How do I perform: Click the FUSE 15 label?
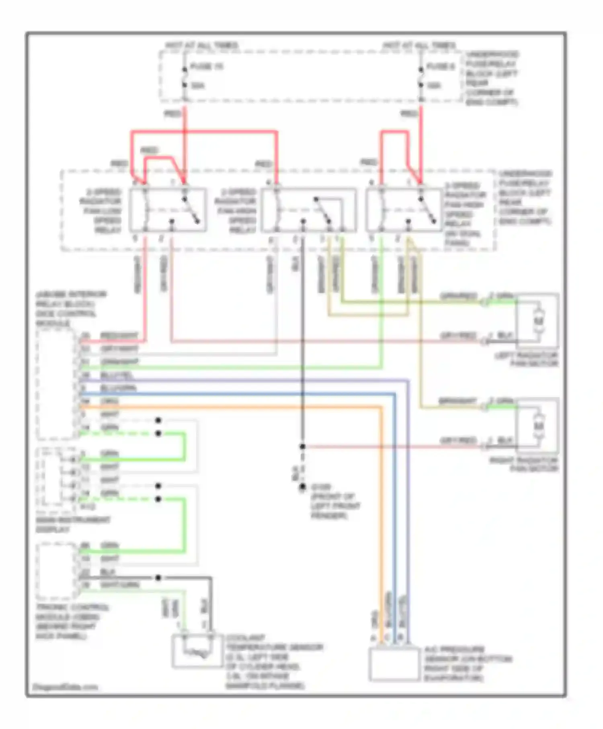pyautogui.click(x=206, y=67)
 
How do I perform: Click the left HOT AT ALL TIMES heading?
pyautogui.click(x=202, y=45)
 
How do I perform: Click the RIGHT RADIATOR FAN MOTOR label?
pyautogui.click(x=524, y=465)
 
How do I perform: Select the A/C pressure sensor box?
pyautogui.click(x=394, y=664)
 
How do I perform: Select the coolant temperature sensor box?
pyautogui.click(x=197, y=651)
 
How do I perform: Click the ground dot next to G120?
pyautogui.click(x=302, y=487)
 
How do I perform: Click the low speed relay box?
pyautogui.click(x=168, y=209)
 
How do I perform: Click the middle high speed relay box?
pyautogui.click(x=308, y=210)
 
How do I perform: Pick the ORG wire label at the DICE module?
pyautogui.click(x=109, y=401)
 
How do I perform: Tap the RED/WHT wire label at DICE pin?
pyautogui.click(x=119, y=335)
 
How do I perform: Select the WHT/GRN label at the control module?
pyautogui.click(x=120, y=585)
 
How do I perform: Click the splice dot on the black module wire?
pyautogui.click(x=158, y=578)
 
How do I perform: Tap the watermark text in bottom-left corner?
pyautogui.click(x=65, y=687)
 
